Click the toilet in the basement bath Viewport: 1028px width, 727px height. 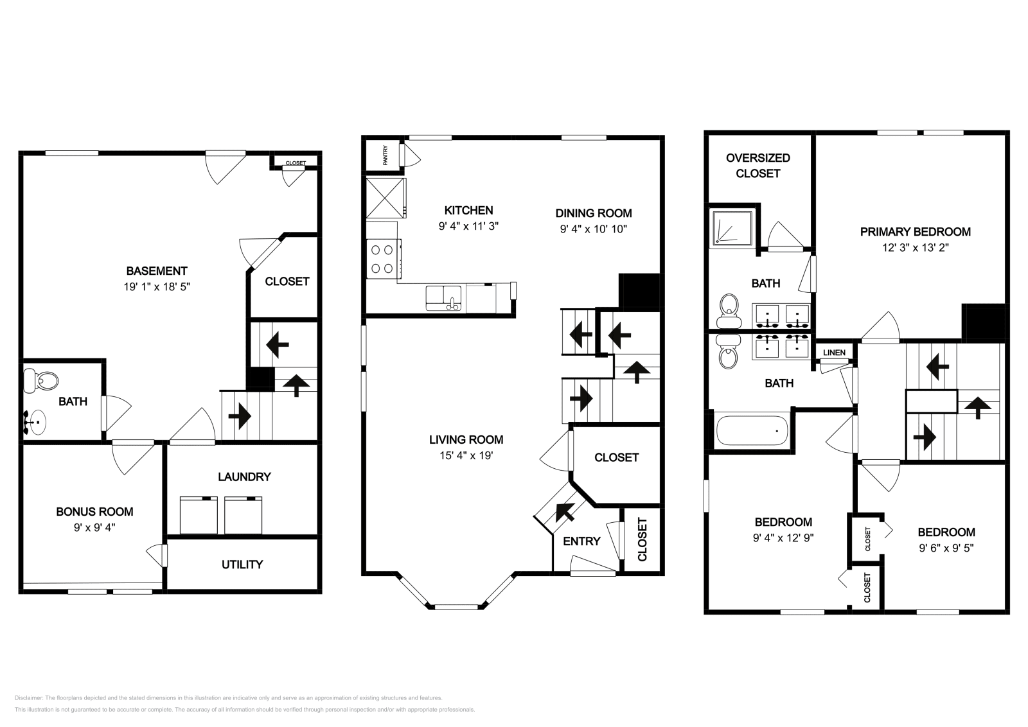[40, 381]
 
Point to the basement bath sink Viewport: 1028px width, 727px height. [36, 422]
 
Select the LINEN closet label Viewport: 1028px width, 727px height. [834, 353]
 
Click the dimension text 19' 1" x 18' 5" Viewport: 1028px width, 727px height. [157, 287]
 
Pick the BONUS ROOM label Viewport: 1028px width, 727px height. [94, 512]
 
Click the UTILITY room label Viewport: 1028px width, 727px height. [242, 565]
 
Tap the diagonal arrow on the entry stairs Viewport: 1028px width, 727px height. [564, 512]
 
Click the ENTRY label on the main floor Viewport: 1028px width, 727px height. [581, 541]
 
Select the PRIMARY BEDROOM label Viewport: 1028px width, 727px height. [915, 232]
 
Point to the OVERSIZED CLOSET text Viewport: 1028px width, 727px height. [758, 165]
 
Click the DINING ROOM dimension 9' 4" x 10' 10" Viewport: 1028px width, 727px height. [593, 229]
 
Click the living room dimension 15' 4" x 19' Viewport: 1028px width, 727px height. [466, 456]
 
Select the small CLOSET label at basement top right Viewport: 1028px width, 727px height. [296, 163]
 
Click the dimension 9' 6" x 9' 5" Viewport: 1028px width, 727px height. [946, 548]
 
